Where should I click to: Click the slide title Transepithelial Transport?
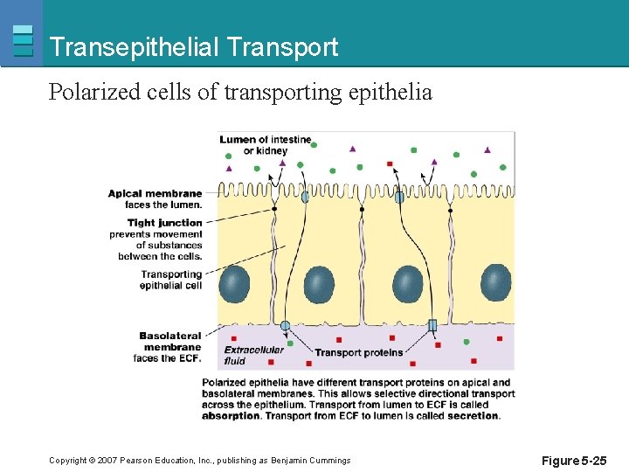point(194,47)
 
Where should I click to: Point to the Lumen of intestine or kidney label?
point(266,145)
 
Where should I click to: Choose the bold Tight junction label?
point(164,222)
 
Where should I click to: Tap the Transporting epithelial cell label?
point(170,280)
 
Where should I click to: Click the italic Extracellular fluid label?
point(253,354)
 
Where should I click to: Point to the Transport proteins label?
point(358,352)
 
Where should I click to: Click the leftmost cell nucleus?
point(234,284)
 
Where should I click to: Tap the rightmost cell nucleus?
point(495,282)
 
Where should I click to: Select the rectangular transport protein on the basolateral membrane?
point(432,325)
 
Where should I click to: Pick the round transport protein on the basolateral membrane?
point(285,325)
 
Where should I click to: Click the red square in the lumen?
point(390,163)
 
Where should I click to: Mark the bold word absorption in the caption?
point(231,416)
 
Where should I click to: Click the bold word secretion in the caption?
point(473,416)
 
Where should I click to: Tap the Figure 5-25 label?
point(573,460)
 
